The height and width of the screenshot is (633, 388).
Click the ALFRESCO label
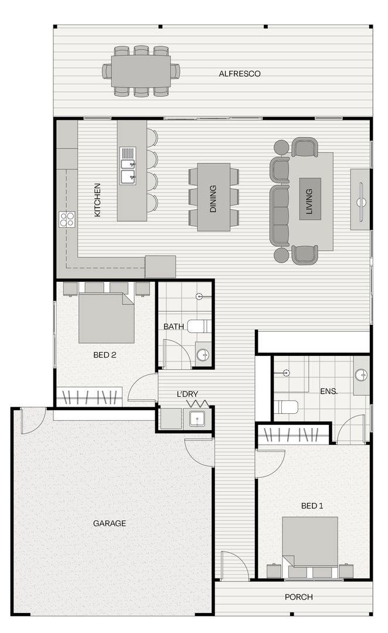tap(239, 74)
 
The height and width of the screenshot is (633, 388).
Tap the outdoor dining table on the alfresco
tap(141, 71)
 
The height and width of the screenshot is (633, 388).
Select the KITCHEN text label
tap(98, 200)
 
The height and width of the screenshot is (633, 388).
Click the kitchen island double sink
tap(128, 165)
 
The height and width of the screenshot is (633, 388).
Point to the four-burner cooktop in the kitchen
tap(67, 219)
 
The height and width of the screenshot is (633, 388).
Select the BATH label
tap(173, 326)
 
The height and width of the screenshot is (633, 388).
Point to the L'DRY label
tap(187, 394)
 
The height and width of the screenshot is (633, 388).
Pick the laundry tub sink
tap(196, 418)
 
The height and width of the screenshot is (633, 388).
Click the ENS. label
tap(328, 390)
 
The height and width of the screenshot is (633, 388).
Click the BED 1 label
tap(312, 506)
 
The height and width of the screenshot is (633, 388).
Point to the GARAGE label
tap(110, 523)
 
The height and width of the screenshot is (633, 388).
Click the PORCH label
tap(298, 597)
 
